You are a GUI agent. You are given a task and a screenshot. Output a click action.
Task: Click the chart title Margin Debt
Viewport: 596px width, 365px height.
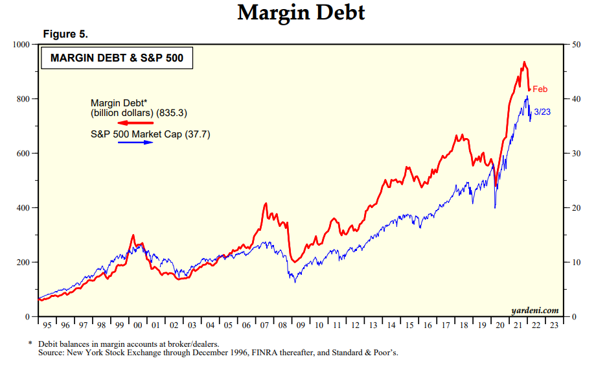click(x=301, y=12)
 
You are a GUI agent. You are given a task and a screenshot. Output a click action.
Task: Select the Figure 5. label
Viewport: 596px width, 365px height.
click(x=65, y=34)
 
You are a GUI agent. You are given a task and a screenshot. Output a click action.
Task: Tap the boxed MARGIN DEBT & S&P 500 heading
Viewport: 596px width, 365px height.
click(x=117, y=58)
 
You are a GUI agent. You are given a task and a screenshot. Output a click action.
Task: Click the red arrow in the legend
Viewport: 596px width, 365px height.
click(x=135, y=123)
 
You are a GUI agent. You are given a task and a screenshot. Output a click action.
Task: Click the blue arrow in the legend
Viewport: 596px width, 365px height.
click(x=135, y=142)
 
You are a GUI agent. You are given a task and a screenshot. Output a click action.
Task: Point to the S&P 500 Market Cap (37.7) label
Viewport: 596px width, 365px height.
click(x=150, y=134)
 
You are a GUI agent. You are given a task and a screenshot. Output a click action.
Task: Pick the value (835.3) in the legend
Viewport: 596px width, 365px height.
click(x=173, y=113)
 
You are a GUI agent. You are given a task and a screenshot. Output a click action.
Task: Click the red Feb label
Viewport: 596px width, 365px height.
click(x=540, y=89)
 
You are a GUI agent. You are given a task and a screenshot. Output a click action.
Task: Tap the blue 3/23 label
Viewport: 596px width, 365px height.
click(x=542, y=112)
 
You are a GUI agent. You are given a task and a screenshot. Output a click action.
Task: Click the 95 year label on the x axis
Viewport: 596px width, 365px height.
click(x=47, y=325)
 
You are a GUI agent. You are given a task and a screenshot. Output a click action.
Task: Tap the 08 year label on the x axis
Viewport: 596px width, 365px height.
click(x=282, y=325)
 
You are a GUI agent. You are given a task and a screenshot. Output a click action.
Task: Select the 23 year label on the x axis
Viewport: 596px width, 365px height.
click(x=552, y=325)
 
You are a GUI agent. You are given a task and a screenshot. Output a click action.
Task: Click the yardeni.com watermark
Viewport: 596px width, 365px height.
click(x=534, y=311)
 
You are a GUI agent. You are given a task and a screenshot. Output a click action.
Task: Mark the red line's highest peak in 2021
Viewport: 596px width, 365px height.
click(x=523, y=62)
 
